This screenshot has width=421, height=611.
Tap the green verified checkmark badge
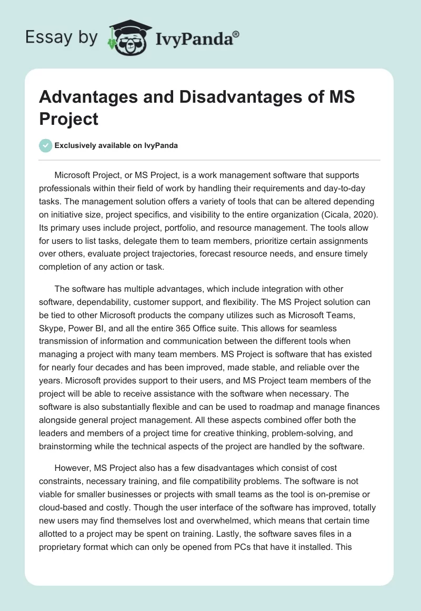[45, 146]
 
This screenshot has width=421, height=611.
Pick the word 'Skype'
[52, 328]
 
